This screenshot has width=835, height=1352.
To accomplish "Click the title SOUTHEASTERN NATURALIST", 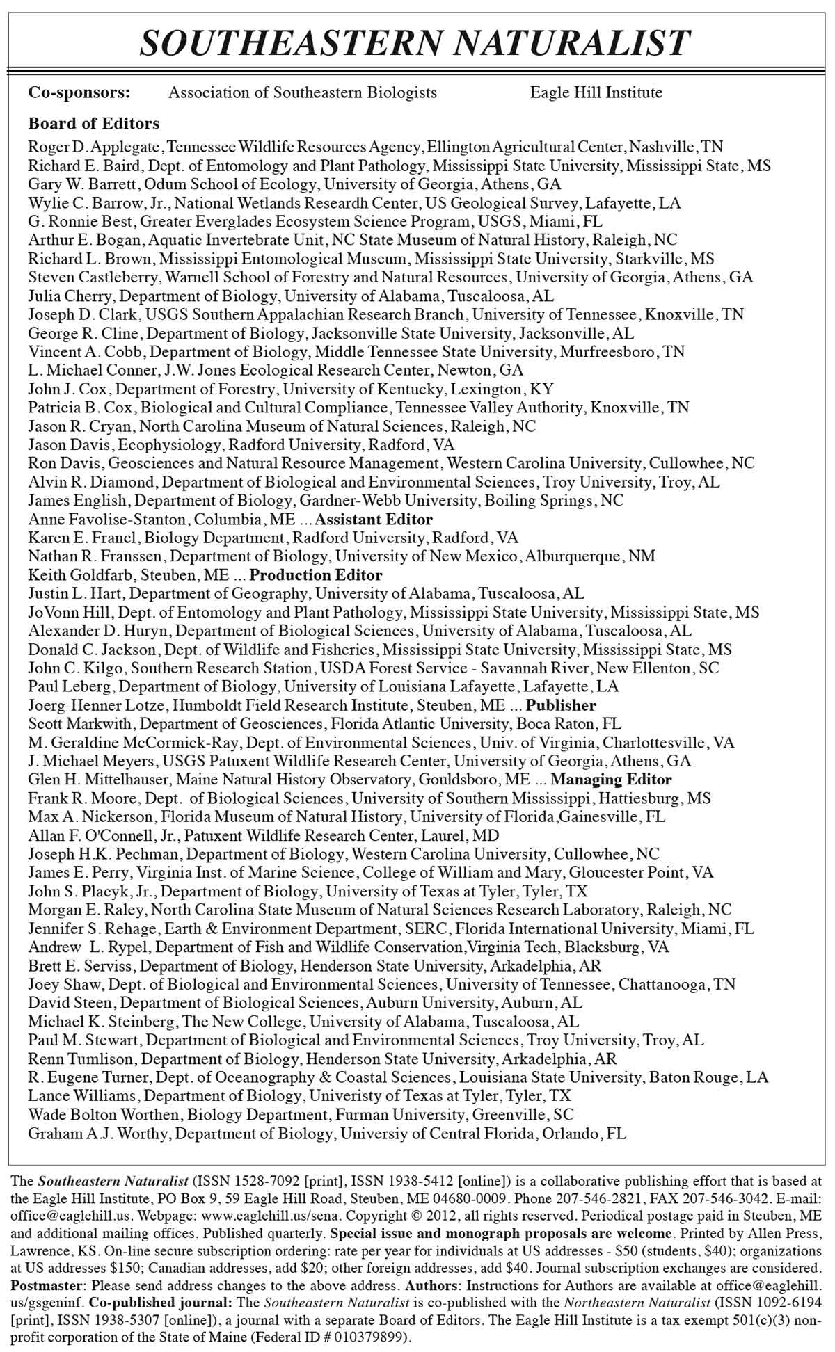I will coord(415,43).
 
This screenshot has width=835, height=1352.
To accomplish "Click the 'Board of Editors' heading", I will coord(94,124).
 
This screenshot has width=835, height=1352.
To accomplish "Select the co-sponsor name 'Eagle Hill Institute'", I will coord(596,92).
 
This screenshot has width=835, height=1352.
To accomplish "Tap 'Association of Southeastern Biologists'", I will coord(303,92).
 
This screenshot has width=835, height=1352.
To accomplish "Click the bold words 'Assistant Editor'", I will coord(374,520).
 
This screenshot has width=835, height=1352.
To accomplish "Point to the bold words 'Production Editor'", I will coord(316,575).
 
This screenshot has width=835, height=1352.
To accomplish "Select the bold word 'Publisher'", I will coord(561,705).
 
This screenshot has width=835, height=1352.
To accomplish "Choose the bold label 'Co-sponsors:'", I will coord(79,92).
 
